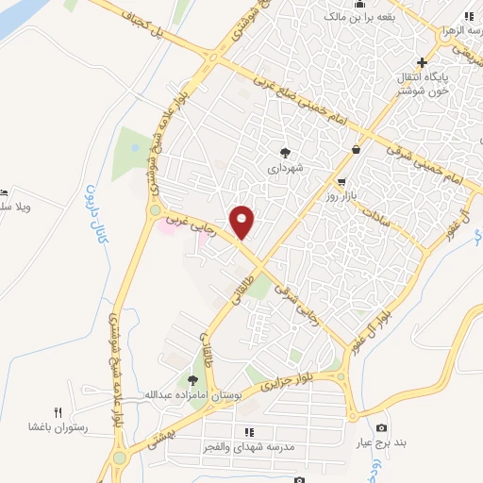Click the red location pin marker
pyautogui.click(x=242, y=222)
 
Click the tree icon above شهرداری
pyautogui.click(x=285, y=150)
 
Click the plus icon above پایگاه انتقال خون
pyautogui.click(x=423, y=62)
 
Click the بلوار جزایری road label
pyautogui.click(x=293, y=383)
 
